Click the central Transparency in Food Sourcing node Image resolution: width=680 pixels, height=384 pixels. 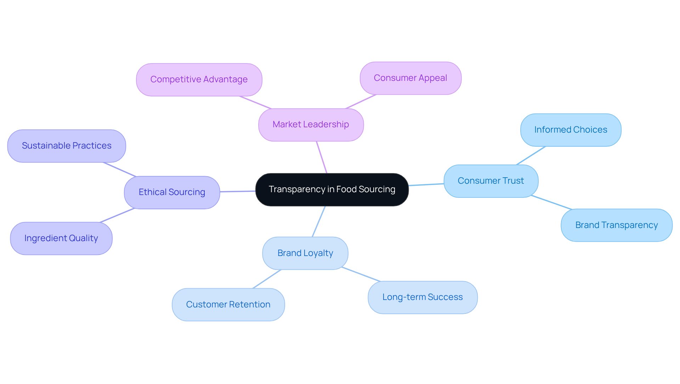(332, 190)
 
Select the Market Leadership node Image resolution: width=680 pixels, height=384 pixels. (311, 125)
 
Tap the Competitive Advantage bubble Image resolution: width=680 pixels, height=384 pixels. (199, 80)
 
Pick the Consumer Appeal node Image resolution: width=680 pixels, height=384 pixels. (410, 78)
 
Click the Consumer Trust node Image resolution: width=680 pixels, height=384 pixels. (491, 181)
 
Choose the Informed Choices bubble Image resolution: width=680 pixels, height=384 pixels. (570, 130)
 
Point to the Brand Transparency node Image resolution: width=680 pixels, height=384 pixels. (616, 226)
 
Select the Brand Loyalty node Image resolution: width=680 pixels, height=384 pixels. (305, 254)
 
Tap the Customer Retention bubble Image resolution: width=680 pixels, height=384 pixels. (228, 305)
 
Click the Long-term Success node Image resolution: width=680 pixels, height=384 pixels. (422, 297)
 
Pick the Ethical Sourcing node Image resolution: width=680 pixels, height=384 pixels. (172, 193)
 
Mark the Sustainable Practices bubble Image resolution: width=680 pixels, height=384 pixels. (67, 146)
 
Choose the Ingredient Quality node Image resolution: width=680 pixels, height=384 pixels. (61, 239)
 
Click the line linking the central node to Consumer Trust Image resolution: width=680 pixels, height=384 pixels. (426, 184)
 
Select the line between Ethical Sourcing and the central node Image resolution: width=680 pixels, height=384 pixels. (238, 191)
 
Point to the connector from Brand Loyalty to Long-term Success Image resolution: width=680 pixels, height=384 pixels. (361, 274)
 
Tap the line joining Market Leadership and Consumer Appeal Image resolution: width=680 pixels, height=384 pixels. (361, 102)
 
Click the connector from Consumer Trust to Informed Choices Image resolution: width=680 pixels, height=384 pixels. (531, 156)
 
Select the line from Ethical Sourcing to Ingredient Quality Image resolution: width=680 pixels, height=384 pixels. (117, 216)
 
